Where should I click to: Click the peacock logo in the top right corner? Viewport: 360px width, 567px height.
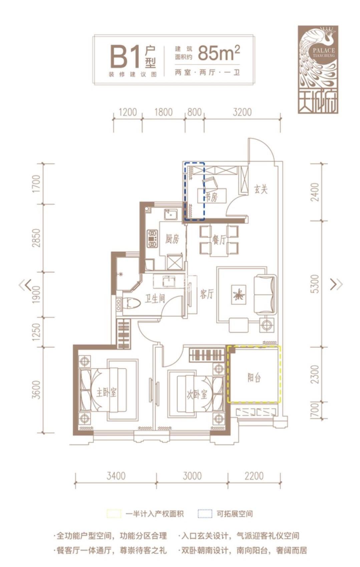318,69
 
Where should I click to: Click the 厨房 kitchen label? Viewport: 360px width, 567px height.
172,239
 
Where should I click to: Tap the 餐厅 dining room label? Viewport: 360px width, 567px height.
219,240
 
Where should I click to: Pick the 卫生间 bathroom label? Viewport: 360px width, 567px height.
155,299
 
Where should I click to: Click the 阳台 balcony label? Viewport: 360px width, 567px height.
254,378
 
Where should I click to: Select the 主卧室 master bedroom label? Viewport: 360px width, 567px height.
106,392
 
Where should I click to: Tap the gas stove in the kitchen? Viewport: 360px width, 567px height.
152,238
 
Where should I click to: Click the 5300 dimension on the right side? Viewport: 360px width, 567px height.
316,284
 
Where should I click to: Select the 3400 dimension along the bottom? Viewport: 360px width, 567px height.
116,476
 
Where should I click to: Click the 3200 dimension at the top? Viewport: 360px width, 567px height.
242,112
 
